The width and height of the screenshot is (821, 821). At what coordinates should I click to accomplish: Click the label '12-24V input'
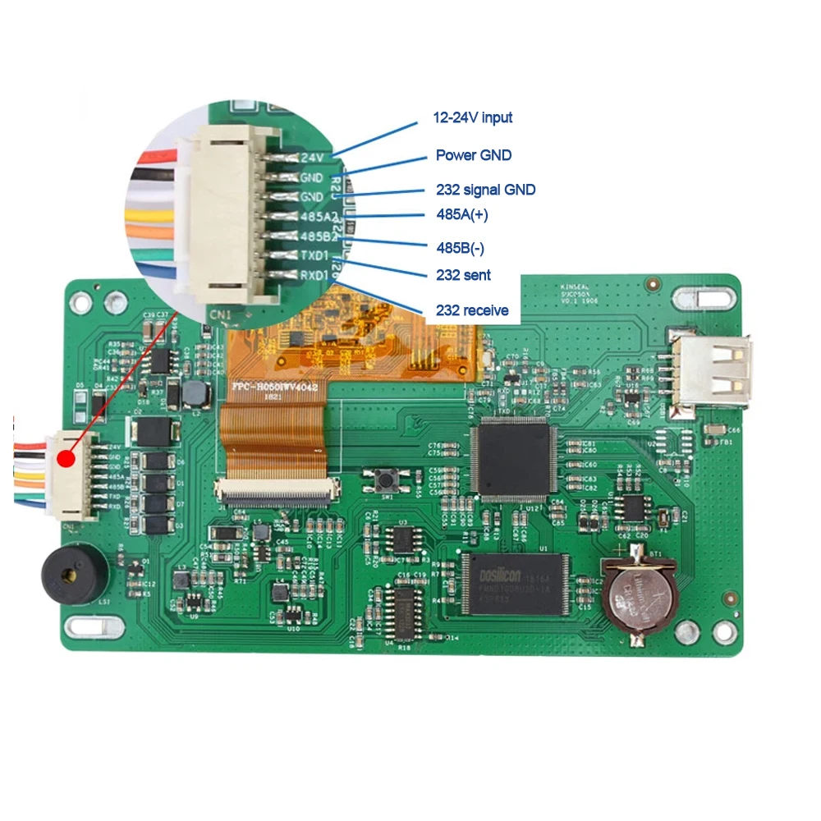pyautogui.click(x=473, y=117)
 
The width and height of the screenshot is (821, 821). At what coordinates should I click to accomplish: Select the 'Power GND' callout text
pyautogui.click(x=474, y=155)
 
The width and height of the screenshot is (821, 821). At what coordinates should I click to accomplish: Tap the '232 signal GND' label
pyautogui.click(x=485, y=190)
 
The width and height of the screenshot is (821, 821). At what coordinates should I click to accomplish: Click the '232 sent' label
pyautogui.click(x=464, y=275)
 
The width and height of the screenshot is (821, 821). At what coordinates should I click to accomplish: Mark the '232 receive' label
pyautogui.click(x=472, y=310)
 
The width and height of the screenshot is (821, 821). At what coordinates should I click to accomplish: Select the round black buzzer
pyautogui.click(x=75, y=573)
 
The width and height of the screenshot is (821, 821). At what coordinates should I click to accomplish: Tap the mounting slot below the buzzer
pyautogui.click(x=96, y=629)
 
